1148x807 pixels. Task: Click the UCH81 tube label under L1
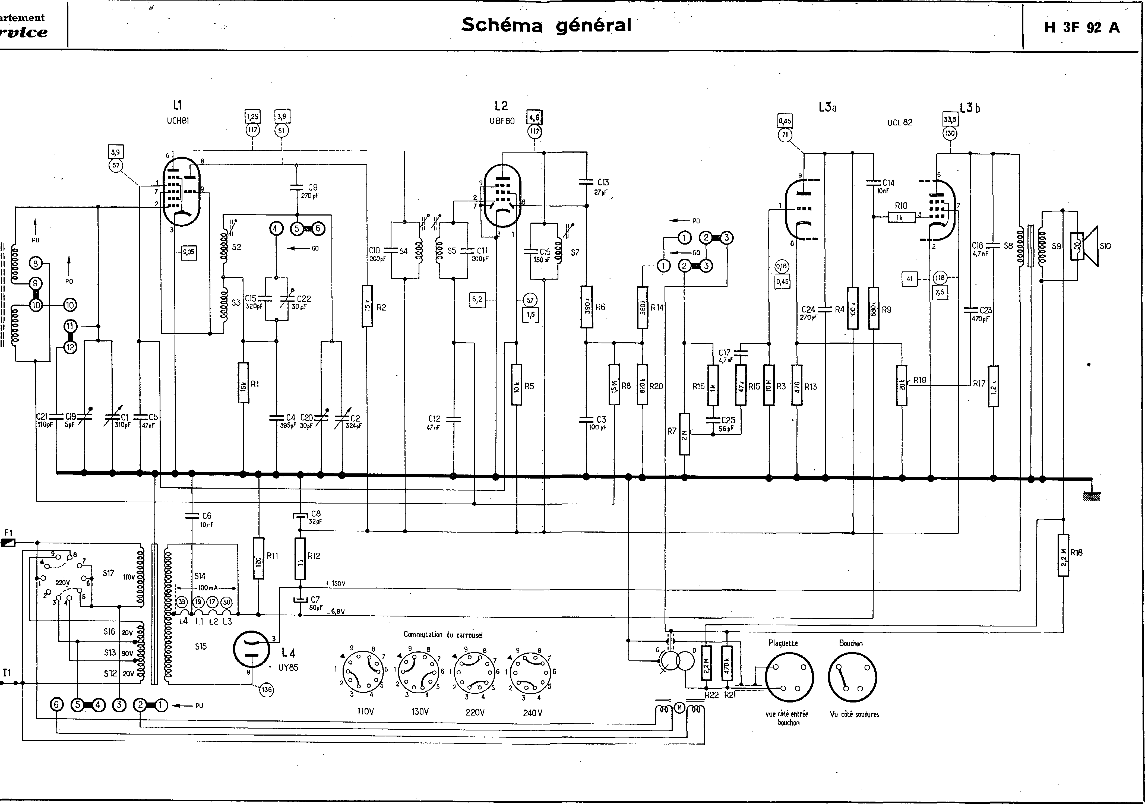pyautogui.click(x=178, y=121)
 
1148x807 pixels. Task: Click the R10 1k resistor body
pyautogui.click(x=899, y=217)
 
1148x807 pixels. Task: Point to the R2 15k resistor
pyautogui.click(x=368, y=306)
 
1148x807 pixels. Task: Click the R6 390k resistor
pyautogui.click(x=587, y=306)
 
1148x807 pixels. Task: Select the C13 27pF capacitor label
pyautogui.click(x=602, y=186)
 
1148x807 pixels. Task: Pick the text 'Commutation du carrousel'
pyautogui.click(x=443, y=635)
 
